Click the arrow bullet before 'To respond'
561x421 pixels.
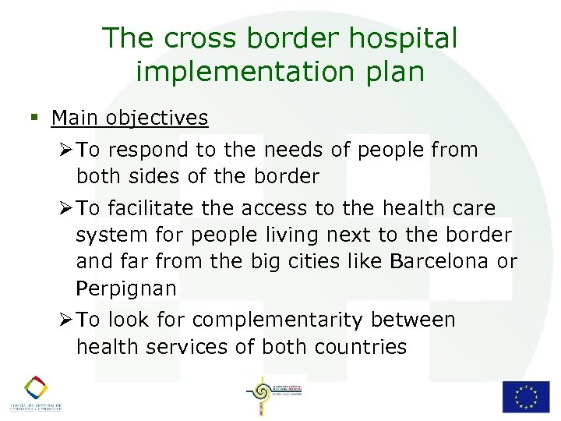pyautogui.click(x=66, y=149)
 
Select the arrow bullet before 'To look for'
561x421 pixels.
pyautogui.click(x=66, y=320)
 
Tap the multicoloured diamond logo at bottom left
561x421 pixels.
pyautogui.click(x=35, y=387)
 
